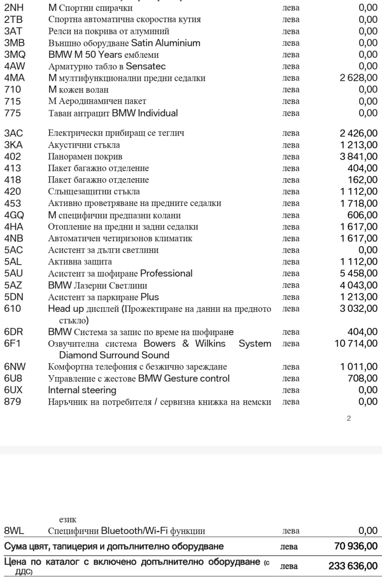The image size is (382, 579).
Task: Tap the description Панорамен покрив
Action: pyautogui.click(x=85, y=156)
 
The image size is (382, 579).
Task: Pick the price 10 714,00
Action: pyautogui.click(x=356, y=343)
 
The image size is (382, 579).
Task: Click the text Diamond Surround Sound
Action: pyautogui.click(x=114, y=355)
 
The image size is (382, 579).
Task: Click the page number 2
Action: pyautogui.click(x=349, y=418)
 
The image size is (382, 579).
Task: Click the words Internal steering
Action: pyautogui.click(x=82, y=390)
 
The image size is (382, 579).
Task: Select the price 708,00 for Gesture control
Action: pyautogui.click(x=362, y=378)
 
